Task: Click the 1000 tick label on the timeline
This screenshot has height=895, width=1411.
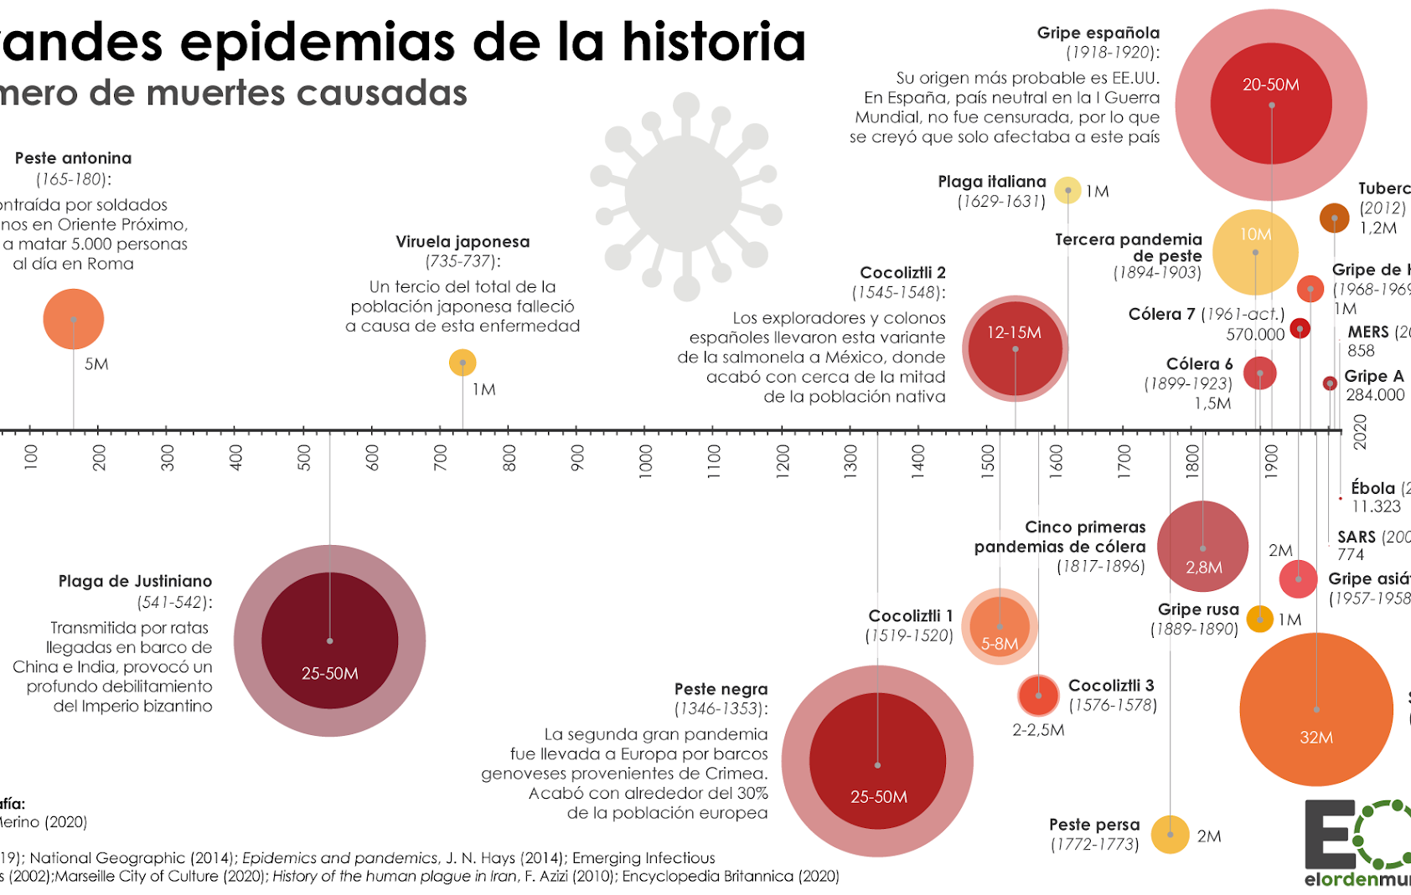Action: (x=645, y=461)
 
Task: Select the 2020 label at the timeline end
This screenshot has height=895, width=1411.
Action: (x=1360, y=432)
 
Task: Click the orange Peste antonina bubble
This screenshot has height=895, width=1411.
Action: (x=74, y=319)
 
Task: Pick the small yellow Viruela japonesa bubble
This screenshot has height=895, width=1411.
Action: (x=463, y=363)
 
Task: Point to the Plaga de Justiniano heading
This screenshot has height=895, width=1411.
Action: (x=135, y=581)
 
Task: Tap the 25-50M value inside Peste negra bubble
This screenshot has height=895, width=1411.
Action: (x=878, y=797)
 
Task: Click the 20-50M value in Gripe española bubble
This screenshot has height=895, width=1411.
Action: (x=1270, y=85)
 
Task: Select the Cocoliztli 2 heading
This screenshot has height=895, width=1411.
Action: (x=902, y=273)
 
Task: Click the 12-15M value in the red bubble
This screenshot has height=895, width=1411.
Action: (x=1014, y=332)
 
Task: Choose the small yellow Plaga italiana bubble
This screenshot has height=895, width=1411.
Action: (x=1067, y=190)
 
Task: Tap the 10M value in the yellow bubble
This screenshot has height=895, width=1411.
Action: (x=1255, y=234)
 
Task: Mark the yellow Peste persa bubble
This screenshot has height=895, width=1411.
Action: (x=1170, y=835)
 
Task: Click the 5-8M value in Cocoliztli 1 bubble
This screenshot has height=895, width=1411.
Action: (x=1000, y=644)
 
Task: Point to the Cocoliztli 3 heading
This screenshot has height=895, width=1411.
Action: (x=1111, y=686)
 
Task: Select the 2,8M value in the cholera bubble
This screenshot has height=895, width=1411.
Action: (x=1203, y=568)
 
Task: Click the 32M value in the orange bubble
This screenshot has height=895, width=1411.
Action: (x=1315, y=738)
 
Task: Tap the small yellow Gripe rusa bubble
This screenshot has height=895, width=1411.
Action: (x=1259, y=619)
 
